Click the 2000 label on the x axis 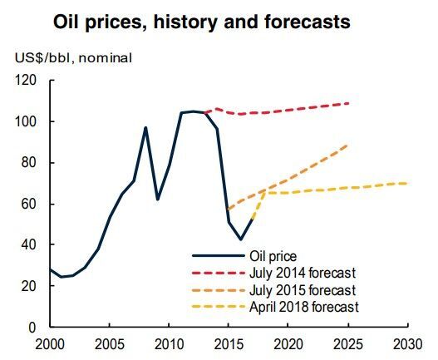50,343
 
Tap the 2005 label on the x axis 110,343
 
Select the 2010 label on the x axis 169,343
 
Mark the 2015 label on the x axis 229,343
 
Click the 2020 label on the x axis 288,343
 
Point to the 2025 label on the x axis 347,343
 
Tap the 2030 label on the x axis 406,343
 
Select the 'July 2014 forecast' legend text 304,273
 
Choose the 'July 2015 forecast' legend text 304,290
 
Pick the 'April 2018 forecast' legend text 305,307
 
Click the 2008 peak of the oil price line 145,128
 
